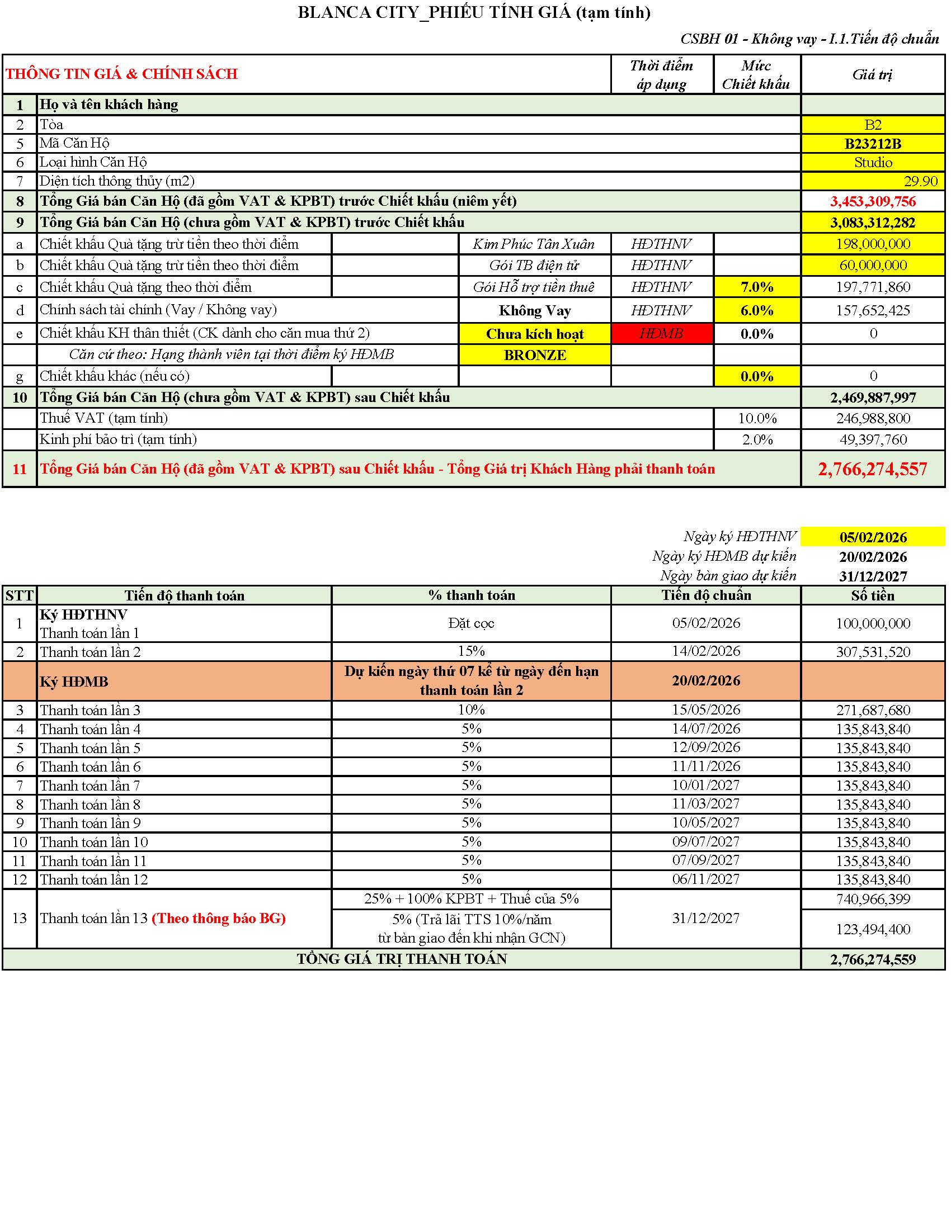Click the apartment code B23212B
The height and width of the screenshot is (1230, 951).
click(x=872, y=144)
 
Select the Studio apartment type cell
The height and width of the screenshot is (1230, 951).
click(x=873, y=162)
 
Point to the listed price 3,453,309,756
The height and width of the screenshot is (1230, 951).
click(x=872, y=201)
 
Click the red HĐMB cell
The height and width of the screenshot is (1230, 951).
click(x=661, y=333)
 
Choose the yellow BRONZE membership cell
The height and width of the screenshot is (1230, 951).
click(x=535, y=355)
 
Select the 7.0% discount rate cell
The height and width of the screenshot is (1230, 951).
click(x=757, y=287)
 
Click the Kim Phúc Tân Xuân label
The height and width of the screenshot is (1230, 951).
click(x=534, y=244)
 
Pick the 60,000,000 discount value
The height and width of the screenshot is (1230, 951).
click(x=873, y=265)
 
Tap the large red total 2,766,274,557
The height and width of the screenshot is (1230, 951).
click(x=872, y=469)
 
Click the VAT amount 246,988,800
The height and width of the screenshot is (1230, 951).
click(x=873, y=418)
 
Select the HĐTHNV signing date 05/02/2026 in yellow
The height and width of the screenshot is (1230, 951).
click(x=873, y=537)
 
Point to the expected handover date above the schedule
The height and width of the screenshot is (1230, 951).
click(x=873, y=576)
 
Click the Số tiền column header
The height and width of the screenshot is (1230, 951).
click(x=872, y=595)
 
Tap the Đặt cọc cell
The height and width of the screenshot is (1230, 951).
click(x=471, y=623)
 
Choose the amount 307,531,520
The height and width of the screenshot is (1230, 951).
click(x=873, y=651)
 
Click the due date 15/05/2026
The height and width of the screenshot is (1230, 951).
click(x=705, y=709)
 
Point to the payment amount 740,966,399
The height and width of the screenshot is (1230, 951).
click(x=873, y=899)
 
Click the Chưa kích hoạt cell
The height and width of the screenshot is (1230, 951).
click(x=535, y=333)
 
